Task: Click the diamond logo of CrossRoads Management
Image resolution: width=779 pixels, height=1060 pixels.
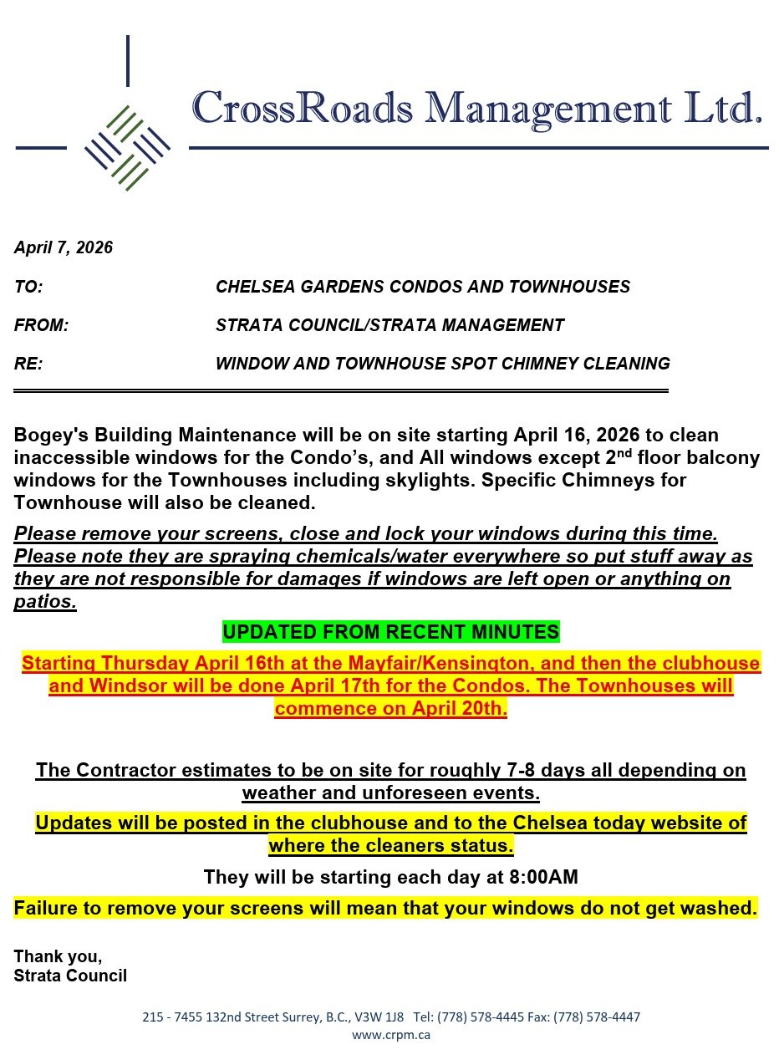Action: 127,148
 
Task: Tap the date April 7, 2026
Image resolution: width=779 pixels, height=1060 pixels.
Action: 64,247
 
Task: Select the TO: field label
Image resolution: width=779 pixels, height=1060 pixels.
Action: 28,287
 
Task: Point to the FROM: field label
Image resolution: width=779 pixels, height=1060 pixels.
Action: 41,325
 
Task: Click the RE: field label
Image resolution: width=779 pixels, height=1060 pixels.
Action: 28,364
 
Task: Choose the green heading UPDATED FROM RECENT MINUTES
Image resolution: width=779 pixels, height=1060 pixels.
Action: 390,631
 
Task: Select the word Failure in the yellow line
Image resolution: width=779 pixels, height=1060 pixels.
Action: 48,907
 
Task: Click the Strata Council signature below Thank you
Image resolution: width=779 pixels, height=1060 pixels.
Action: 70,975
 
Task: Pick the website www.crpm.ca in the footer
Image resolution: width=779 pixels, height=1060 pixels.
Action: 390,1034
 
